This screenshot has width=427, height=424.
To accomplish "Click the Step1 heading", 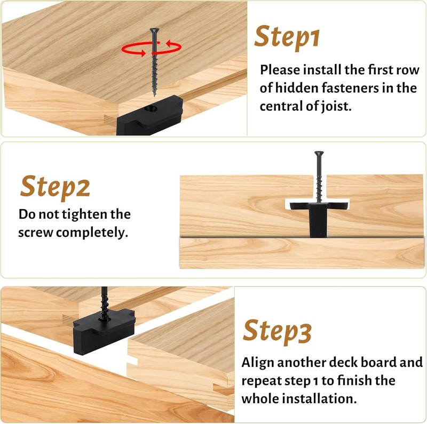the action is click(x=287, y=37).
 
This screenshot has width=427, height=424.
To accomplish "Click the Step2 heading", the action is click(x=55, y=188).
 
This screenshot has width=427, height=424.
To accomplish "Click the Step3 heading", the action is click(x=277, y=332).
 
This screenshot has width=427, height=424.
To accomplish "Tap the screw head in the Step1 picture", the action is click(x=154, y=30).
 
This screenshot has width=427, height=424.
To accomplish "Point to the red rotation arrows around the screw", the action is click(x=152, y=48).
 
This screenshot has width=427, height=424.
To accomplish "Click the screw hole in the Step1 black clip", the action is click(x=151, y=109).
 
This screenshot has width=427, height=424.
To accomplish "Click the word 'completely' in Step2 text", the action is click(x=92, y=233).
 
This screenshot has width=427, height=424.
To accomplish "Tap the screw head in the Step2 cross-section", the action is click(x=319, y=154).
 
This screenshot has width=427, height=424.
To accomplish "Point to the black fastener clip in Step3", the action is click(x=104, y=330).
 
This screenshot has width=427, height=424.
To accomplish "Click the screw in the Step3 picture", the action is click(x=105, y=302).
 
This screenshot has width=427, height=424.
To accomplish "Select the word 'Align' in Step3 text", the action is click(x=258, y=363).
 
